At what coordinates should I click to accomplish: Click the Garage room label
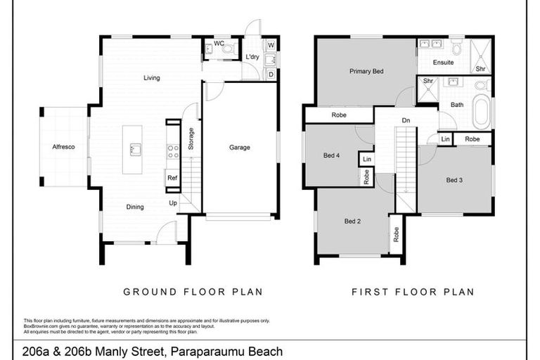240,148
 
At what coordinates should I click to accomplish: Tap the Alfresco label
63,147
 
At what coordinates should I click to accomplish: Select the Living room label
152,78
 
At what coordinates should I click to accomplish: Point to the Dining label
135,207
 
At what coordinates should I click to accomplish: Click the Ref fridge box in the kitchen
172,179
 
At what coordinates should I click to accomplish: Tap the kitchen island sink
135,148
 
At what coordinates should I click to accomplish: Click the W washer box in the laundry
271,46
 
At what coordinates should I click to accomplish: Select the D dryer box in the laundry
271,73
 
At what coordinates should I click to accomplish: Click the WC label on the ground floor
219,44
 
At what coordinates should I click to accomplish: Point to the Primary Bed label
366,71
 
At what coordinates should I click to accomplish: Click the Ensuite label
443,63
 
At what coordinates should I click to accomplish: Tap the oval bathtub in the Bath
481,111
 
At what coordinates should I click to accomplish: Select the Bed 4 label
332,155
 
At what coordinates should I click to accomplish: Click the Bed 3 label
454,180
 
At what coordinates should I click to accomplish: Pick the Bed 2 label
352,221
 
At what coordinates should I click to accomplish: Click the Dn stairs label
406,120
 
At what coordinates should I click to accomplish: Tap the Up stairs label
173,202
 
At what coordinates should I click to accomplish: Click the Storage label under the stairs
191,139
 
